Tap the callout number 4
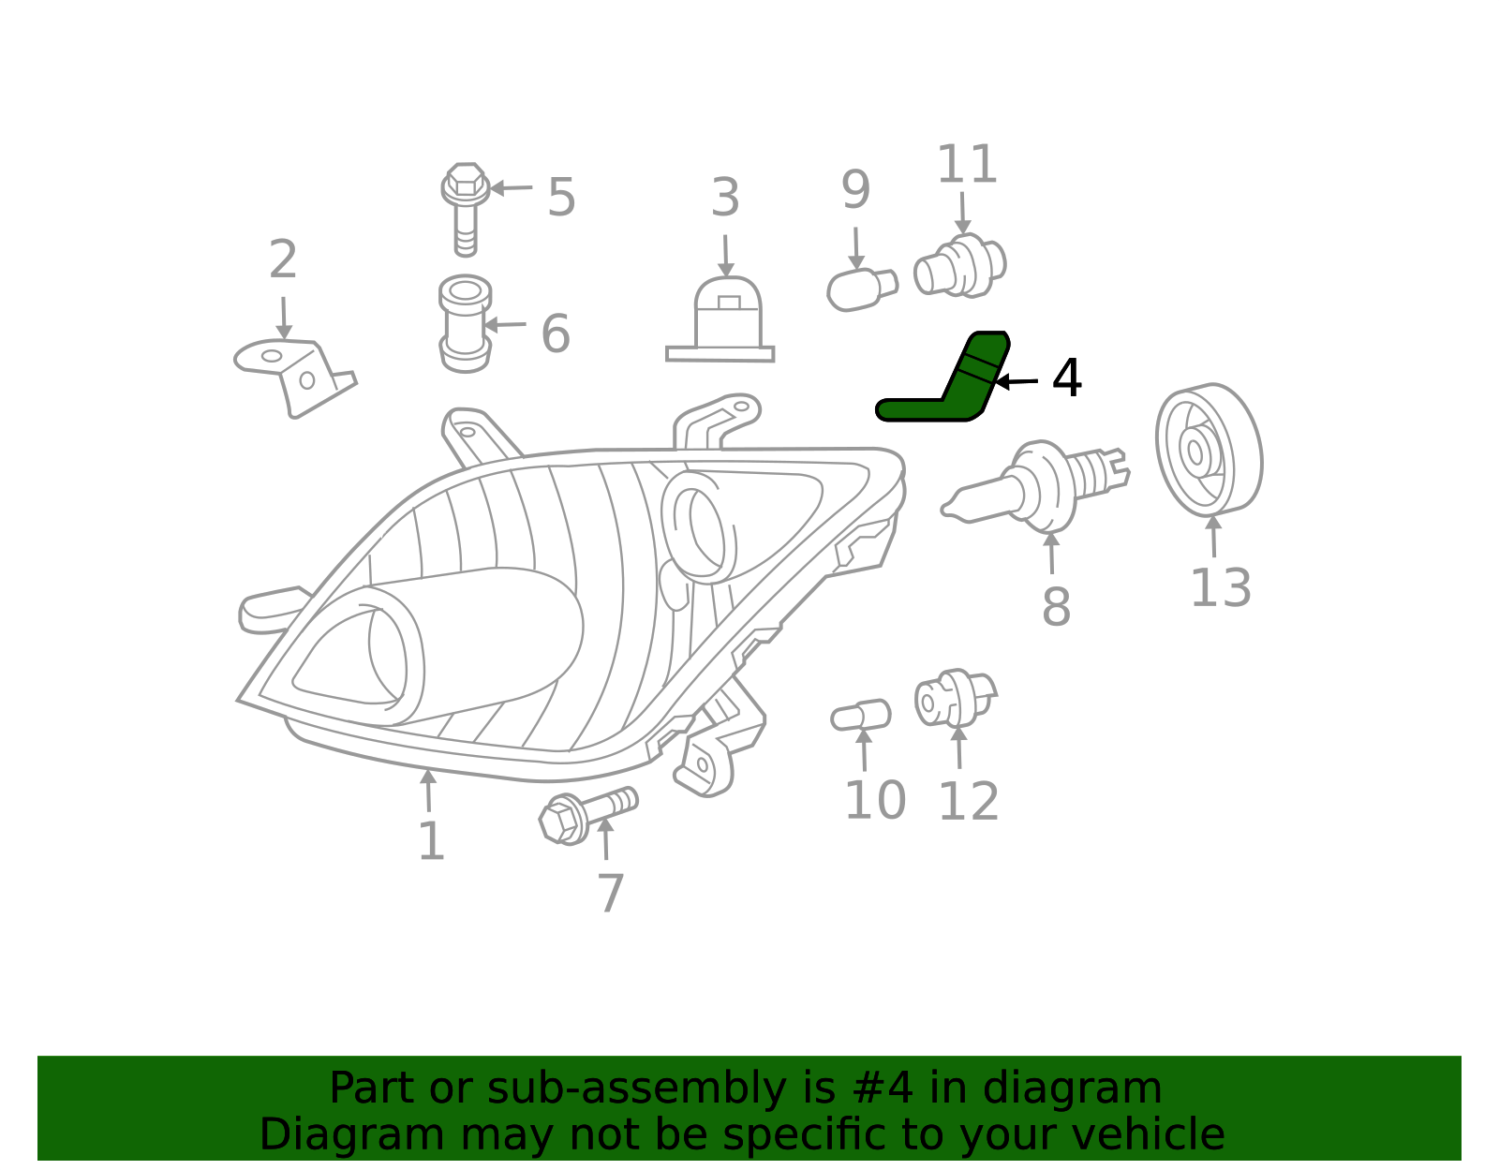(1066, 378)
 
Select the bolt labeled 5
(466, 210)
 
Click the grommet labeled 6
(465, 323)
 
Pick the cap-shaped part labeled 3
(720, 320)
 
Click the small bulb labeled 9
(862, 290)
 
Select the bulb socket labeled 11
(960, 266)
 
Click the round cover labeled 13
(1210, 450)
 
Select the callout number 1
(432, 839)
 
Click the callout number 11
(967, 164)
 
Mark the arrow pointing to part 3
(726, 256)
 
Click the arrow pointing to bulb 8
(1052, 553)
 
